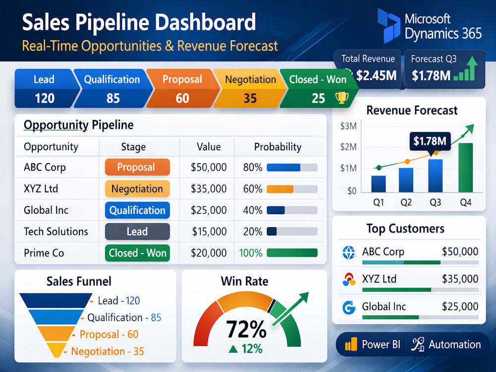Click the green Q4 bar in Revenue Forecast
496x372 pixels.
pyautogui.click(x=466, y=168)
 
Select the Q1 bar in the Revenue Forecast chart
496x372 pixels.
pyautogui.click(x=378, y=184)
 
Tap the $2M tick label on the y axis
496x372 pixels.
pyautogui.click(x=348, y=147)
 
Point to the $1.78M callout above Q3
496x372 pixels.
pyautogui.click(x=430, y=141)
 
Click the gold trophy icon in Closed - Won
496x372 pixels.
pyautogui.click(x=342, y=98)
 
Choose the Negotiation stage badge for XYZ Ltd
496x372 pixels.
pyautogui.click(x=137, y=188)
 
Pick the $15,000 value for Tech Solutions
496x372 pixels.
pyautogui.click(x=209, y=232)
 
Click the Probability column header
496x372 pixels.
pyautogui.click(x=278, y=147)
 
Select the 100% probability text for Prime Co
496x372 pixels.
pyautogui.click(x=250, y=253)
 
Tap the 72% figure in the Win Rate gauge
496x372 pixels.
pyautogui.click(x=247, y=329)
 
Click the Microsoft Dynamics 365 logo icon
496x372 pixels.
pyautogui.click(x=389, y=26)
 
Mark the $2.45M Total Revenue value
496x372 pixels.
pyautogui.click(x=376, y=75)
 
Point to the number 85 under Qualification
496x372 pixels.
pyautogui.click(x=113, y=98)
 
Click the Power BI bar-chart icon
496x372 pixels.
pyautogui.click(x=351, y=344)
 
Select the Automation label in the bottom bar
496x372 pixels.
pyautogui.click(x=454, y=345)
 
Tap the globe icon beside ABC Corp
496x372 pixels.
pyautogui.click(x=349, y=252)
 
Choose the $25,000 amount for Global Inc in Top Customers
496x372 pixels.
pyautogui.click(x=460, y=306)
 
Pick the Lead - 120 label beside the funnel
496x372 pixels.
pyautogui.click(x=119, y=301)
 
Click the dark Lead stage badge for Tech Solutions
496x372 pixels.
pyautogui.click(x=137, y=232)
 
